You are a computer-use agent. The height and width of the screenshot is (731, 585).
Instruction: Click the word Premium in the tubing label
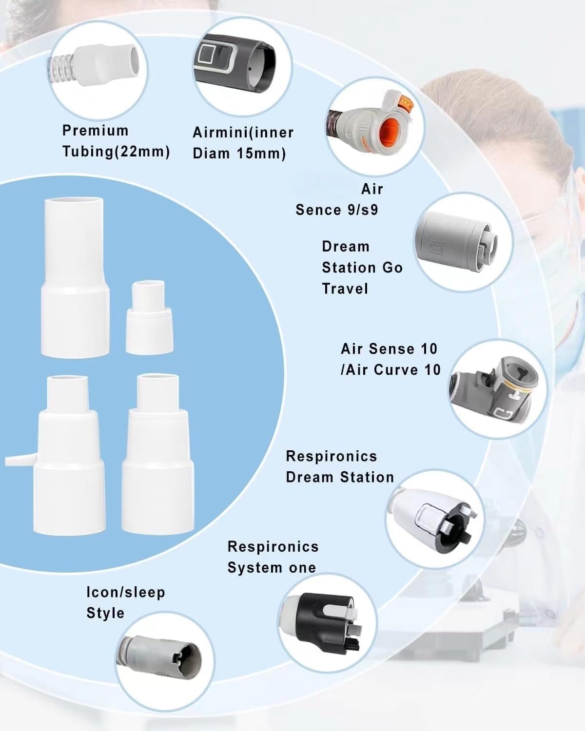pyautogui.click(x=95, y=131)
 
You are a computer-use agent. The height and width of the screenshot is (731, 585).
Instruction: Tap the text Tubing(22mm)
pyautogui.click(x=116, y=152)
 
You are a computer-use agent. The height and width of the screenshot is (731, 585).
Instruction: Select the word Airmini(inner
pyautogui.click(x=243, y=133)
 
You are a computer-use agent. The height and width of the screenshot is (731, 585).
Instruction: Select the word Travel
pyautogui.click(x=345, y=289)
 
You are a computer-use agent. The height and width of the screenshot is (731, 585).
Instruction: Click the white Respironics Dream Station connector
pyautogui.click(x=435, y=519)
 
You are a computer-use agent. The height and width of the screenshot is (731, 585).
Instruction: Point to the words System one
pyautogui.click(x=272, y=567)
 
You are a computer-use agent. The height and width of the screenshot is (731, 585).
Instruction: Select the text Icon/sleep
pyautogui.click(x=126, y=592)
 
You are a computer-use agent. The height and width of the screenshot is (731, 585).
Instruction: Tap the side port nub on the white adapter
pyautogui.click(x=20, y=460)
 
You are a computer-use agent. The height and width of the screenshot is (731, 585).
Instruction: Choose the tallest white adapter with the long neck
pyautogui.click(x=75, y=277)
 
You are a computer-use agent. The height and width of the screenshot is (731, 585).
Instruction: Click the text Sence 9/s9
pyautogui.click(x=337, y=210)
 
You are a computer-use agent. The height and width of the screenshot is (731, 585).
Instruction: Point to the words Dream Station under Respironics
pyautogui.click(x=340, y=477)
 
